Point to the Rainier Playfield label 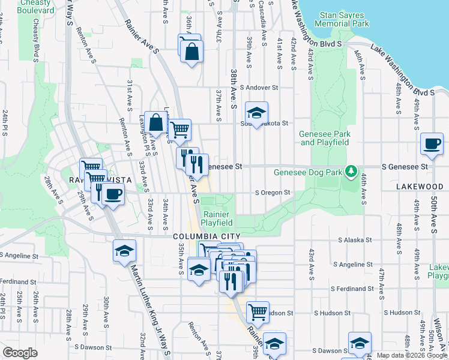tap(217, 218)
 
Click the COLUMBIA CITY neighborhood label tap(207, 237)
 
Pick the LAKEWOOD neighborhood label tap(419, 187)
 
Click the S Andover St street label tap(259, 87)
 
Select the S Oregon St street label tap(273, 193)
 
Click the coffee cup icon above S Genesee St tap(432, 144)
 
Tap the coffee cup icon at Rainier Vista tap(112, 193)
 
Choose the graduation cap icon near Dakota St tap(256, 112)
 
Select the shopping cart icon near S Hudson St tap(258, 311)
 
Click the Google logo tap(20, 353)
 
